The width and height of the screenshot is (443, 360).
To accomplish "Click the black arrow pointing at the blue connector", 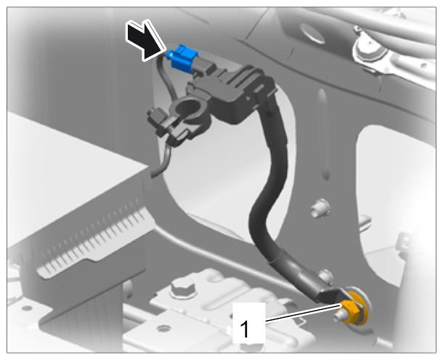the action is click(x=145, y=41).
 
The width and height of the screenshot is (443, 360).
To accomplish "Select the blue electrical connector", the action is click(x=182, y=59).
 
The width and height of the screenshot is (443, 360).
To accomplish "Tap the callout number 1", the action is click(x=244, y=329).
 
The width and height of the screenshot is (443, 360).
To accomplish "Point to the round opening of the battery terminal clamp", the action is click(x=187, y=107).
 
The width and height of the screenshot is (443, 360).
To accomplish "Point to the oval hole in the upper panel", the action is click(x=312, y=33).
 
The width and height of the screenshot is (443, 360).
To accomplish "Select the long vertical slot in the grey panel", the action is click(x=324, y=134).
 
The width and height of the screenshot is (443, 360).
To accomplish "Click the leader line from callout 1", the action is click(x=303, y=314).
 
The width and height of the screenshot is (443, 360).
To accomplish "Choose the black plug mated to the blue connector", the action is click(x=204, y=67).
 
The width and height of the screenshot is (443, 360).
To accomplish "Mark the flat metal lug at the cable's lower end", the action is click(x=329, y=295).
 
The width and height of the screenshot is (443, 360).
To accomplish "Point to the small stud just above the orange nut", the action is click(x=325, y=276).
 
